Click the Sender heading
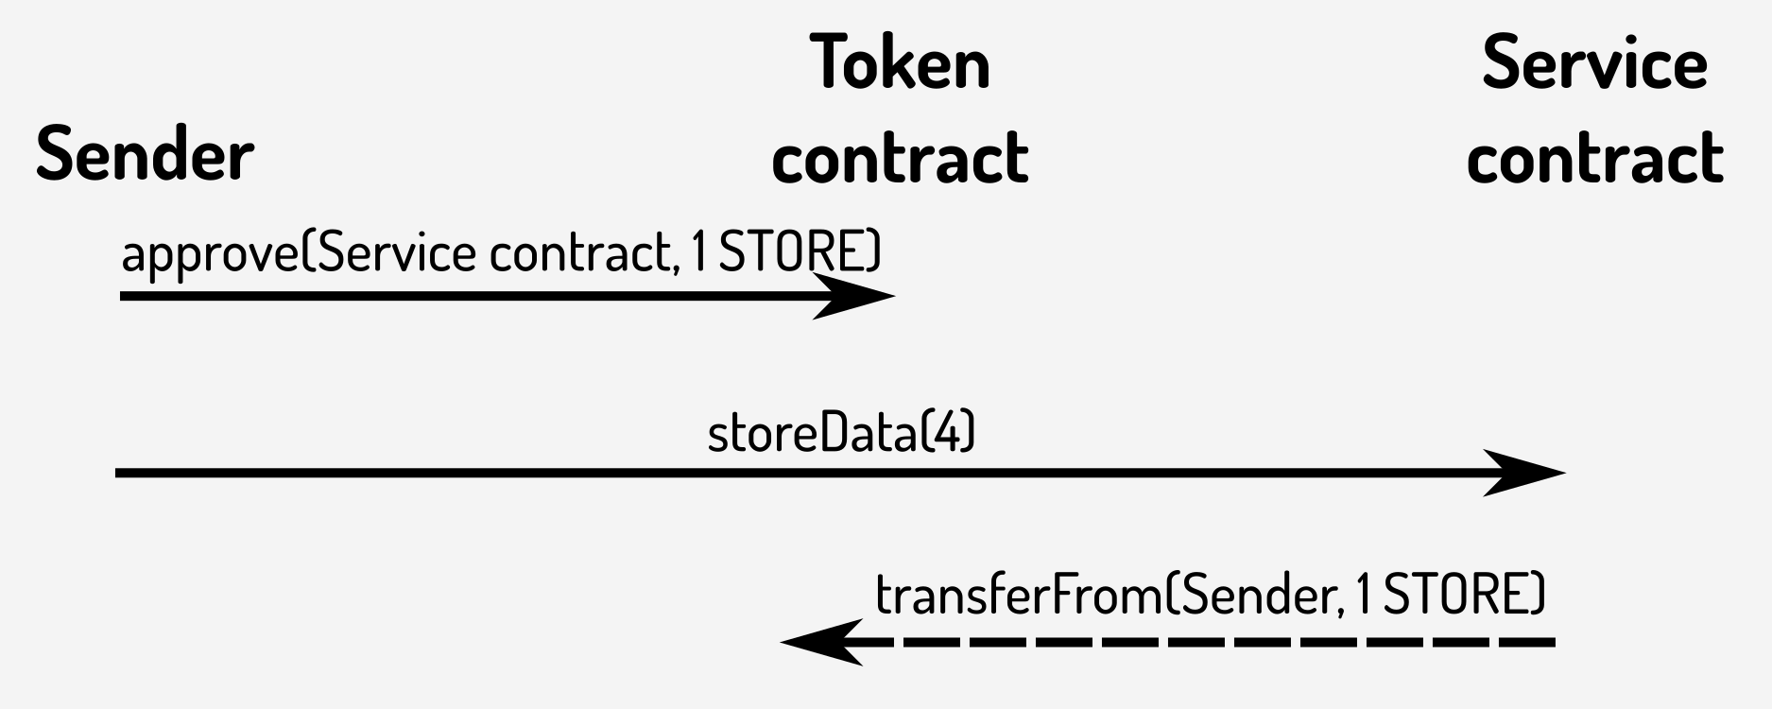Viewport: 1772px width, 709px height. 145,154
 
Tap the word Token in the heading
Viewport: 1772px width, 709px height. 900,62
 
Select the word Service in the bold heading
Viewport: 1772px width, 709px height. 1594,62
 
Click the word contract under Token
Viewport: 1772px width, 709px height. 900,157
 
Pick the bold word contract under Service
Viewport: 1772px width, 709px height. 1594,157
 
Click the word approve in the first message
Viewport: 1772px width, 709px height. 209,254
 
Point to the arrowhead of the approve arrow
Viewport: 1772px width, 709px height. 855,297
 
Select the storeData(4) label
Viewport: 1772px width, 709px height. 841,433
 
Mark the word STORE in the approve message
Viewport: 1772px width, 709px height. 792,252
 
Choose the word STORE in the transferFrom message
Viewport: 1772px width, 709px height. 1456,595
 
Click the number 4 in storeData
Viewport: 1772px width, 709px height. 948,433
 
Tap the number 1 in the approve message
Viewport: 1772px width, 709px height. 698,252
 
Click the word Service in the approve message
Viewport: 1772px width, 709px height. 397,252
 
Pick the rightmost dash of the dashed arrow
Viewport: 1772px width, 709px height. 1527,643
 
